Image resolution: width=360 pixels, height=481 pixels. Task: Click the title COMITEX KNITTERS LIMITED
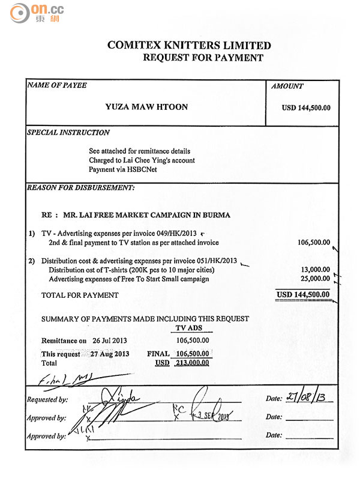[x=189, y=45]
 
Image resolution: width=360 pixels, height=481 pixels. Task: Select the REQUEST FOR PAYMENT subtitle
[x=203, y=58]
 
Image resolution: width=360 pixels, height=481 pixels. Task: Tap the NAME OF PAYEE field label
[x=57, y=85]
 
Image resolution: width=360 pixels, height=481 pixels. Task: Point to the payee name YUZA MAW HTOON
[x=146, y=107]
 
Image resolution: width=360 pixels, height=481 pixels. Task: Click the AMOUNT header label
[x=287, y=86]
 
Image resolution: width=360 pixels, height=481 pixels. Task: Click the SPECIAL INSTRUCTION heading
[x=68, y=132]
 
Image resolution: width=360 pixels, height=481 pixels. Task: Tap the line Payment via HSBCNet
[x=123, y=169]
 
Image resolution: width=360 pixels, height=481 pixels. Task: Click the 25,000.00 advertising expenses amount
[x=315, y=279]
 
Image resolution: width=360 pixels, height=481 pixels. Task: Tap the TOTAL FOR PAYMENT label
[x=80, y=295]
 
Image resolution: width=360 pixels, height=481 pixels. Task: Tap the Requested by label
[x=47, y=399]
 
